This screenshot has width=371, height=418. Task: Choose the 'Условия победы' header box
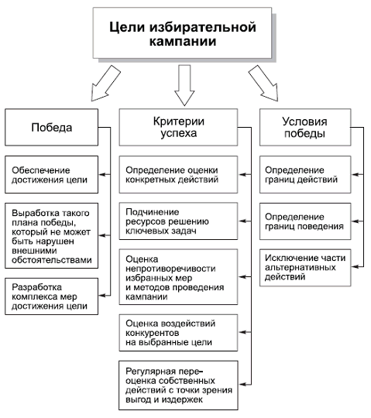[x=303, y=128]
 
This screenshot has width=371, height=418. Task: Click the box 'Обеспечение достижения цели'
[x=53, y=175]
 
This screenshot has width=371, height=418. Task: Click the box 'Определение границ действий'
[x=303, y=175]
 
